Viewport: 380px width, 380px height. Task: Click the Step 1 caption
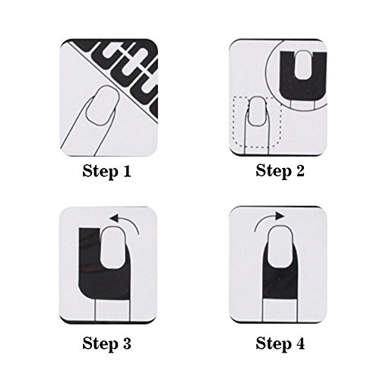(x=106, y=171)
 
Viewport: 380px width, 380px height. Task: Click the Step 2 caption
(x=279, y=171)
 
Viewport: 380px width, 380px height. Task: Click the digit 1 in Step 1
(x=125, y=171)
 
